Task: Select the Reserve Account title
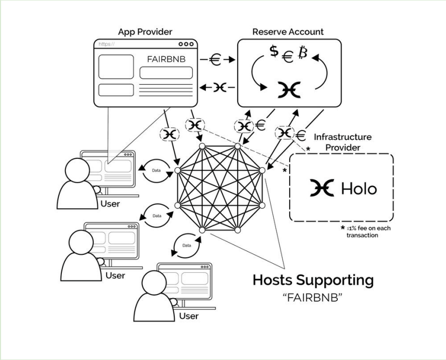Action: [288, 32]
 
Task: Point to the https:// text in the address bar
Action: [107, 45]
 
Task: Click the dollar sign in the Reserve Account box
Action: [275, 52]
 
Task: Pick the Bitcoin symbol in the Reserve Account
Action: [303, 52]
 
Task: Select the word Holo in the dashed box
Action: [359, 188]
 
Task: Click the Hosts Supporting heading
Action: [312, 280]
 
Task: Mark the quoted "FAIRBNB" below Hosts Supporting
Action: [312, 298]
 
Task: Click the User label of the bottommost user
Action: [189, 316]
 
